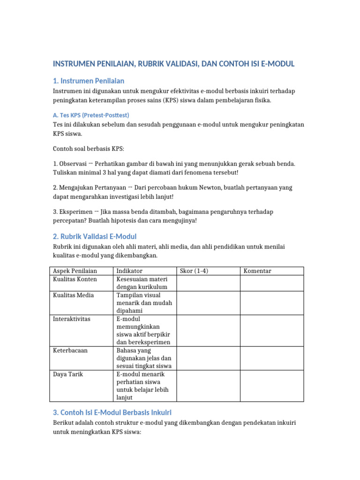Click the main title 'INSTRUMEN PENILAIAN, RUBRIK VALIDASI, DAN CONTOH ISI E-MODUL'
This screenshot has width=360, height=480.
tap(173, 64)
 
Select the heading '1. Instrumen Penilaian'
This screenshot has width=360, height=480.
tap(89, 81)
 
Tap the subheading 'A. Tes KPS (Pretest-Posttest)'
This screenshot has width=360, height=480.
tap(91, 115)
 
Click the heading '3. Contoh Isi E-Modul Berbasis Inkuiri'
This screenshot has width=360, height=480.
tap(112, 412)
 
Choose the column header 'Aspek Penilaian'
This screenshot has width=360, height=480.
tap(75, 271)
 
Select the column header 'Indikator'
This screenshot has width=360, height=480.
tap(129, 271)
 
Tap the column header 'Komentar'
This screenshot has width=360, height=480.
tap(257, 271)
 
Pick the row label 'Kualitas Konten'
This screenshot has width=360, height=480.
tap(75, 279)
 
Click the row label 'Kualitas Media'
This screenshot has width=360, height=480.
tap(74, 295)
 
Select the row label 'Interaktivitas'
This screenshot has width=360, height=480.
tap(72, 319)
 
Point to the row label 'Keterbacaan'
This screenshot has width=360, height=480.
tap(70, 350)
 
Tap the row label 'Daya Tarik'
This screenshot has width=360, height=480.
tap(68, 375)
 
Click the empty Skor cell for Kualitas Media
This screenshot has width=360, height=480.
tap(208, 303)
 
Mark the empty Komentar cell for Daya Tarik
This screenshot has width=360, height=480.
tap(272, 386)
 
